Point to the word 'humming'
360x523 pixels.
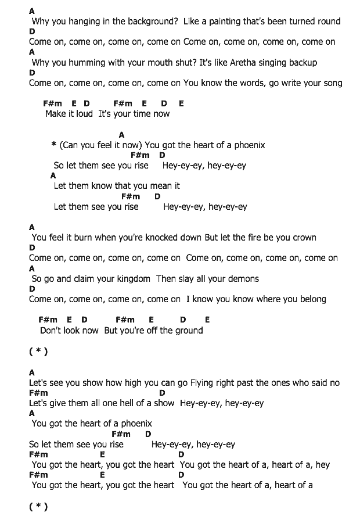point(91,62)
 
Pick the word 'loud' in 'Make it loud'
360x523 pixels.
point(84,114)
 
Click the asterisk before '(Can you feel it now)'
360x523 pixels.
point(53,145)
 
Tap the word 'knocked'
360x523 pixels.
point(155,238)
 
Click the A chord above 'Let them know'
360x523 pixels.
point(53,175)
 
